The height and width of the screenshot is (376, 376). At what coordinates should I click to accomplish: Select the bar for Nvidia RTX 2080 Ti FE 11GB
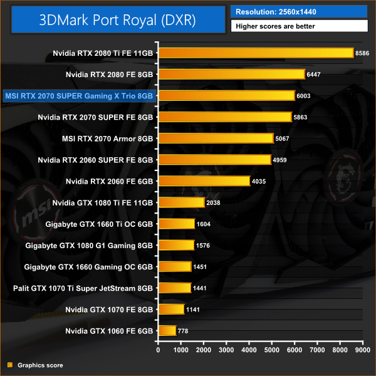pos(256,53)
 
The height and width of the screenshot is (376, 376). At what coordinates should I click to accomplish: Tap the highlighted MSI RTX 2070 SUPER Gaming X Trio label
pos(78,95)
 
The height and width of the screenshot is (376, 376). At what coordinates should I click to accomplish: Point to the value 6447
pos(316,74)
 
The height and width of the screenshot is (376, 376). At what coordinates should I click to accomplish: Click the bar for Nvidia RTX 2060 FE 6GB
pos(204,180)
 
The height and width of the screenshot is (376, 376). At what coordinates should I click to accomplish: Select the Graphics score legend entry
pos(39,365)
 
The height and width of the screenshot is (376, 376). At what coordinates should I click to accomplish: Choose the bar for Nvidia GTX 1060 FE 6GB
pos(167,330)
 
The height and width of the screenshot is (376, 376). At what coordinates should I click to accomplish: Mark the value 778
pos(184,330)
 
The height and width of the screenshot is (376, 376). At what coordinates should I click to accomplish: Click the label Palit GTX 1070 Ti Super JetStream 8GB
pos(83,288)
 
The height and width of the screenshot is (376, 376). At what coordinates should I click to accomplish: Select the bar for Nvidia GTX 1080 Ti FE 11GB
pos(182,202)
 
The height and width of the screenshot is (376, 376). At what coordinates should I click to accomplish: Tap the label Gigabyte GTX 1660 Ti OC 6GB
pos(100,223)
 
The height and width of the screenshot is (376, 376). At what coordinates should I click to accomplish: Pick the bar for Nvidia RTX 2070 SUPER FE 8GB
pos(225,117)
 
